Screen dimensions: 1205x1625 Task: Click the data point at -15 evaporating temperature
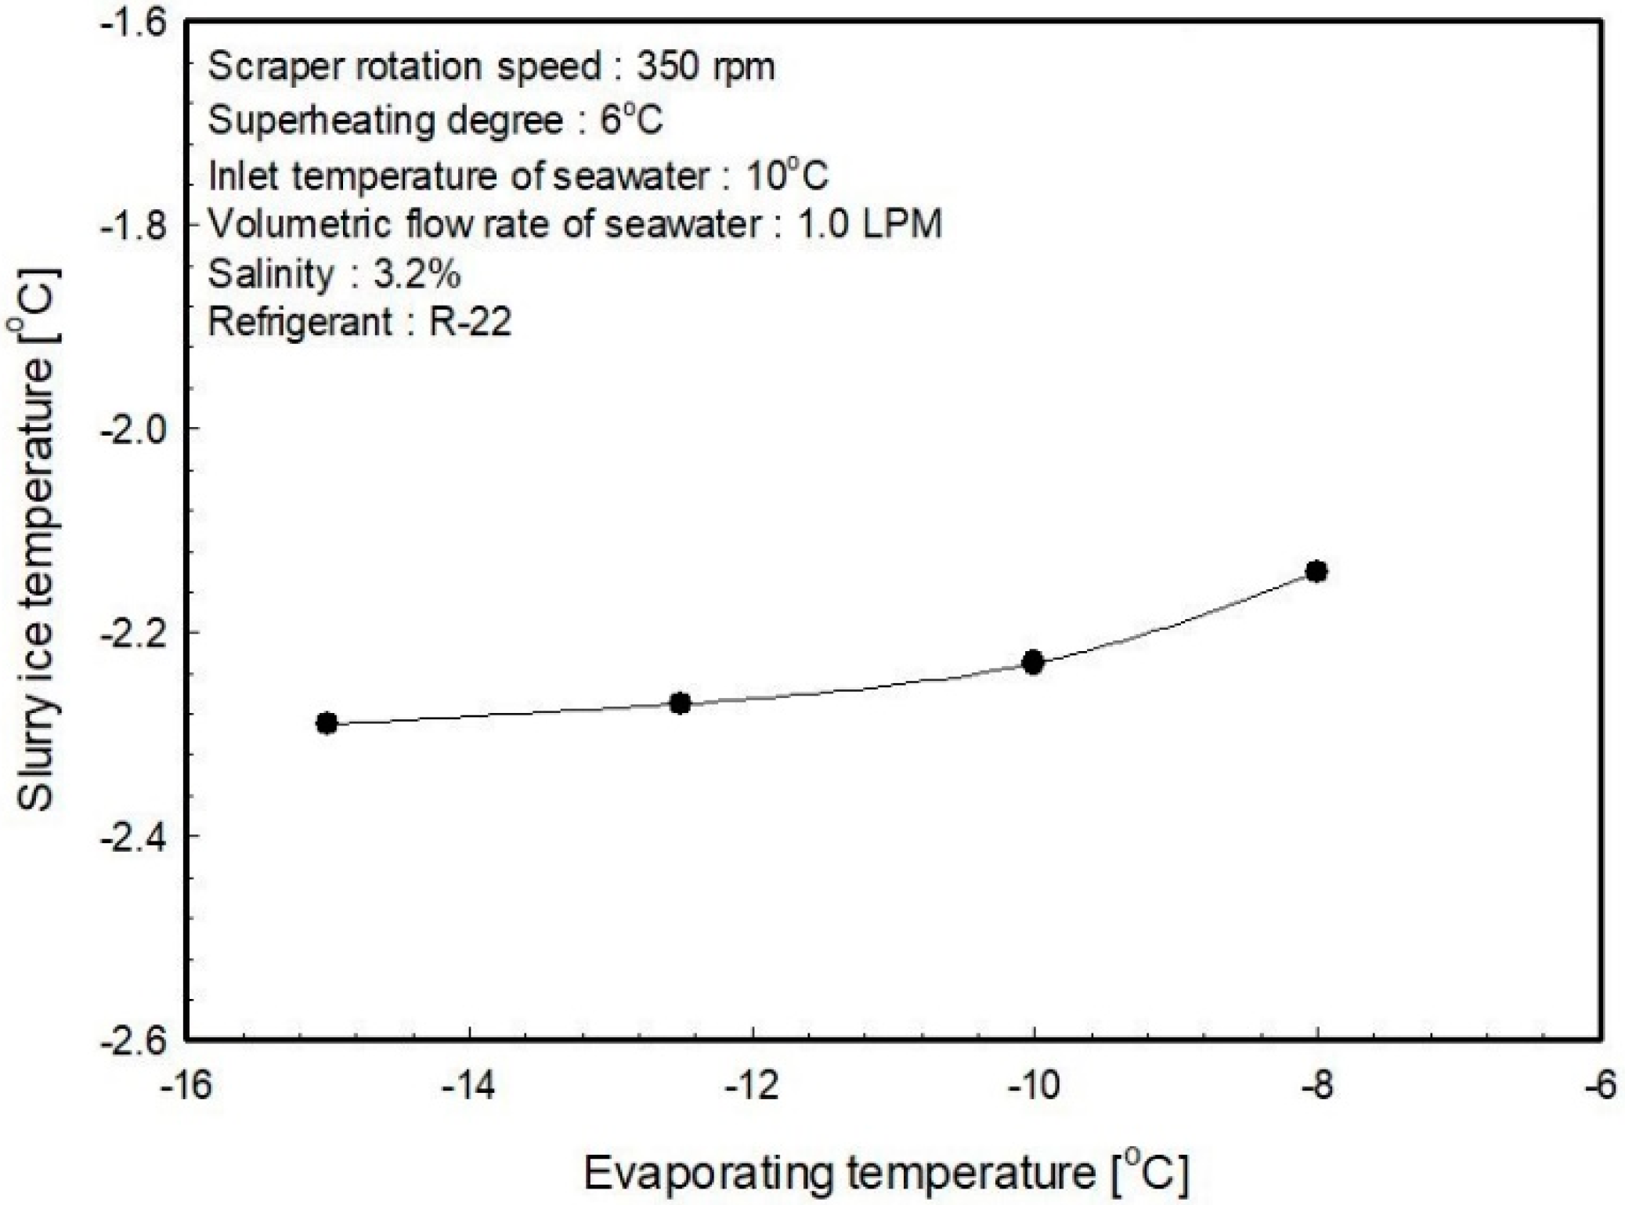(x=327, y=723)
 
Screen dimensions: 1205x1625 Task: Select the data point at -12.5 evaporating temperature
(x=681, y=703)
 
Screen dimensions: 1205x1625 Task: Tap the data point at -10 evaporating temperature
(x=1034, y=662)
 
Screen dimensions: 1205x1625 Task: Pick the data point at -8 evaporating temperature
(x=1316, y=571)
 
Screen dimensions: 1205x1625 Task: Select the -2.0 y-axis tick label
(x=134, y=429)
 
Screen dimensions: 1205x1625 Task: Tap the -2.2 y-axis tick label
(x=134, y=632)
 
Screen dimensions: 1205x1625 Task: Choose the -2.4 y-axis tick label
(x=134, y=836)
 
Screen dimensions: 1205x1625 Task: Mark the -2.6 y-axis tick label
(x=134, y=1040)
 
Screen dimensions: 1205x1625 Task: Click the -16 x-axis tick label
(x=186, y=1086)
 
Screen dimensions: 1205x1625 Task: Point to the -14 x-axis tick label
(x=468, y=1086)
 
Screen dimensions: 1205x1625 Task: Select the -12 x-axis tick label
(x=752, y=1086)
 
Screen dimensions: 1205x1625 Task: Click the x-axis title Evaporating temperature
(x=886, y=1173)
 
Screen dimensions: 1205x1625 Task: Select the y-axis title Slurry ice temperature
(x=36, y=541)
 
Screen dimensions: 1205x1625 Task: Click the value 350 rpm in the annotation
(x=705, y=67)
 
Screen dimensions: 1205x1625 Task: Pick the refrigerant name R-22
(x=470, y=321)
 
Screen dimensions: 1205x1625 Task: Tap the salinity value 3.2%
(x=417, y=273)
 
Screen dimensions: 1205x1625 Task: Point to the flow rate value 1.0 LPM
(x=869, y=225)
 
